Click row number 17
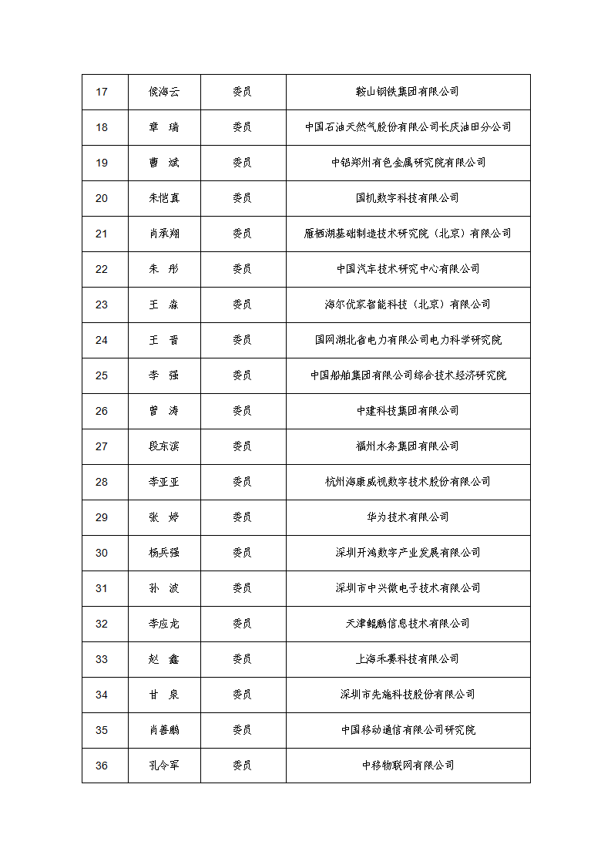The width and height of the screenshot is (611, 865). (x=102, y=92)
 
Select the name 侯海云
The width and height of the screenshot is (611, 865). (x=164, y=92)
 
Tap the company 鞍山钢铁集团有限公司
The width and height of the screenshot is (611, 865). (x=408, y=92)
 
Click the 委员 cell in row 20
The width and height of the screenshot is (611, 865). (x=242, y=198)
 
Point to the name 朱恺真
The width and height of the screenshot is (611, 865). (x=164, y=198)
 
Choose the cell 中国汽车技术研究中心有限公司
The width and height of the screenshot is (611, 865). (x=408, y=269)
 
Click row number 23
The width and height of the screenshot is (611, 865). (x=102, y=305)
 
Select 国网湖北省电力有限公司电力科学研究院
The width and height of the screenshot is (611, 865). (x=408, y=340)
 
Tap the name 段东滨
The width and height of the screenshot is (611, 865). (x=164, y=446)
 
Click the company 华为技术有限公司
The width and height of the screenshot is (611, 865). (x=408, y=517)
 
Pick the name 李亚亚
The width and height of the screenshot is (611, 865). (x=164, y=482)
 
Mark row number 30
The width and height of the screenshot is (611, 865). (x=102, y=553)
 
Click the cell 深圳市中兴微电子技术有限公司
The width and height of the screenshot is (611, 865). (x=408, y=588)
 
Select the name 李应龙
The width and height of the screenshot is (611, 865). (x=164, y=624)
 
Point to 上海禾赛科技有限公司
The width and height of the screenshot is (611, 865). (x=408, y=659)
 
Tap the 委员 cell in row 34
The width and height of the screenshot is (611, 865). (x=242, y=695)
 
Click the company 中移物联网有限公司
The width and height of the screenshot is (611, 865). (x=408, y=766)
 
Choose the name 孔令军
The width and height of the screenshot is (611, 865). (x=164, y=766)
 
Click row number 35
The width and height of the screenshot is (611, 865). (x=102, y=730)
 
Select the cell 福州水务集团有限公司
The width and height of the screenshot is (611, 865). (x=408, y=446)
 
